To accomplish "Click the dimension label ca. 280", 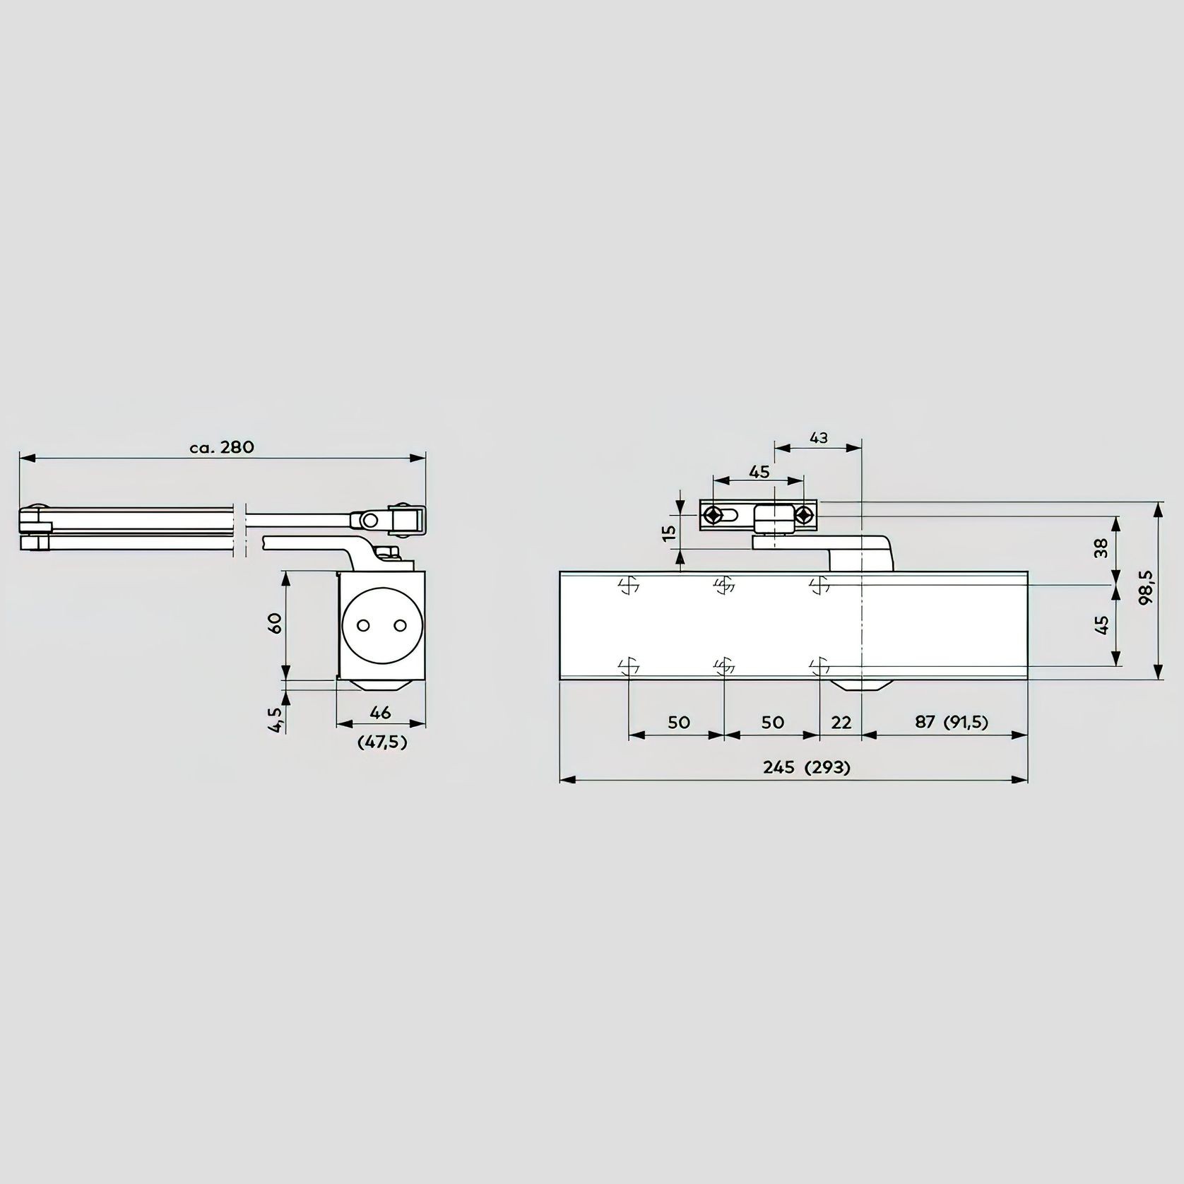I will (222, 447).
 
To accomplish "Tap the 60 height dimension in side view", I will (276, 623).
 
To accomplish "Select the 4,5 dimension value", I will (276, 719).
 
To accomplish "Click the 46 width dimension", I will (380, 712).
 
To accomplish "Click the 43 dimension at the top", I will (818, 438).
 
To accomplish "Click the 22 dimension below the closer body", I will (841, 722).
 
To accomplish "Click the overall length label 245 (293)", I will (806, 767).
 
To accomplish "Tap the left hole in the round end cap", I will (364, 626).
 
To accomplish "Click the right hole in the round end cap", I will (401, 626).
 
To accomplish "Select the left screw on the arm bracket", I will (716, 515).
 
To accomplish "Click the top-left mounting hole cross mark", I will (628, 585).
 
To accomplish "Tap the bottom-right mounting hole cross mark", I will (819, 665).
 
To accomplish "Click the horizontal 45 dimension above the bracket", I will (759, 472).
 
